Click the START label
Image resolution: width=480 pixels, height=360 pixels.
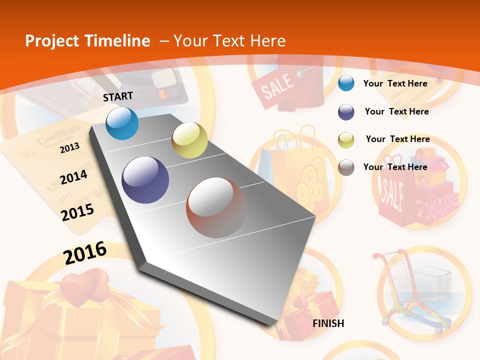point(118,96)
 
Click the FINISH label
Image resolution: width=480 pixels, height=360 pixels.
point(328,323)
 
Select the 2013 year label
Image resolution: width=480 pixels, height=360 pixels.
point(70,147)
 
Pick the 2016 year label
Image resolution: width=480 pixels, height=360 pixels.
point(85,252)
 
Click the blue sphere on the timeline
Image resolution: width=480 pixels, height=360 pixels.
point(122,123)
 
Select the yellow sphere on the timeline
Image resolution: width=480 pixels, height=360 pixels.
point(189,140)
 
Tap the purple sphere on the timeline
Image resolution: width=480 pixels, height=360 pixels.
point(145,180)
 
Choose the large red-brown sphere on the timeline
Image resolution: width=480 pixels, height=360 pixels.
point(216,207)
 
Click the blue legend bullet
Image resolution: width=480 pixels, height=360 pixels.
point(346,83)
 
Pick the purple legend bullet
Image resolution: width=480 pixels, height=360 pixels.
point(346,112)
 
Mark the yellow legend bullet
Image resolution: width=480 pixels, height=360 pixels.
point(346,139)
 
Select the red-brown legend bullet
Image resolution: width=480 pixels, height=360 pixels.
point(346,167)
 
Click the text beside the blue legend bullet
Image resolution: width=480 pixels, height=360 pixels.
point(395,83)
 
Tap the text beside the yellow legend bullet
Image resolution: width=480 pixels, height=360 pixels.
point(397,139)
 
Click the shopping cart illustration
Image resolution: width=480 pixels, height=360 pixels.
point(415,290)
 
